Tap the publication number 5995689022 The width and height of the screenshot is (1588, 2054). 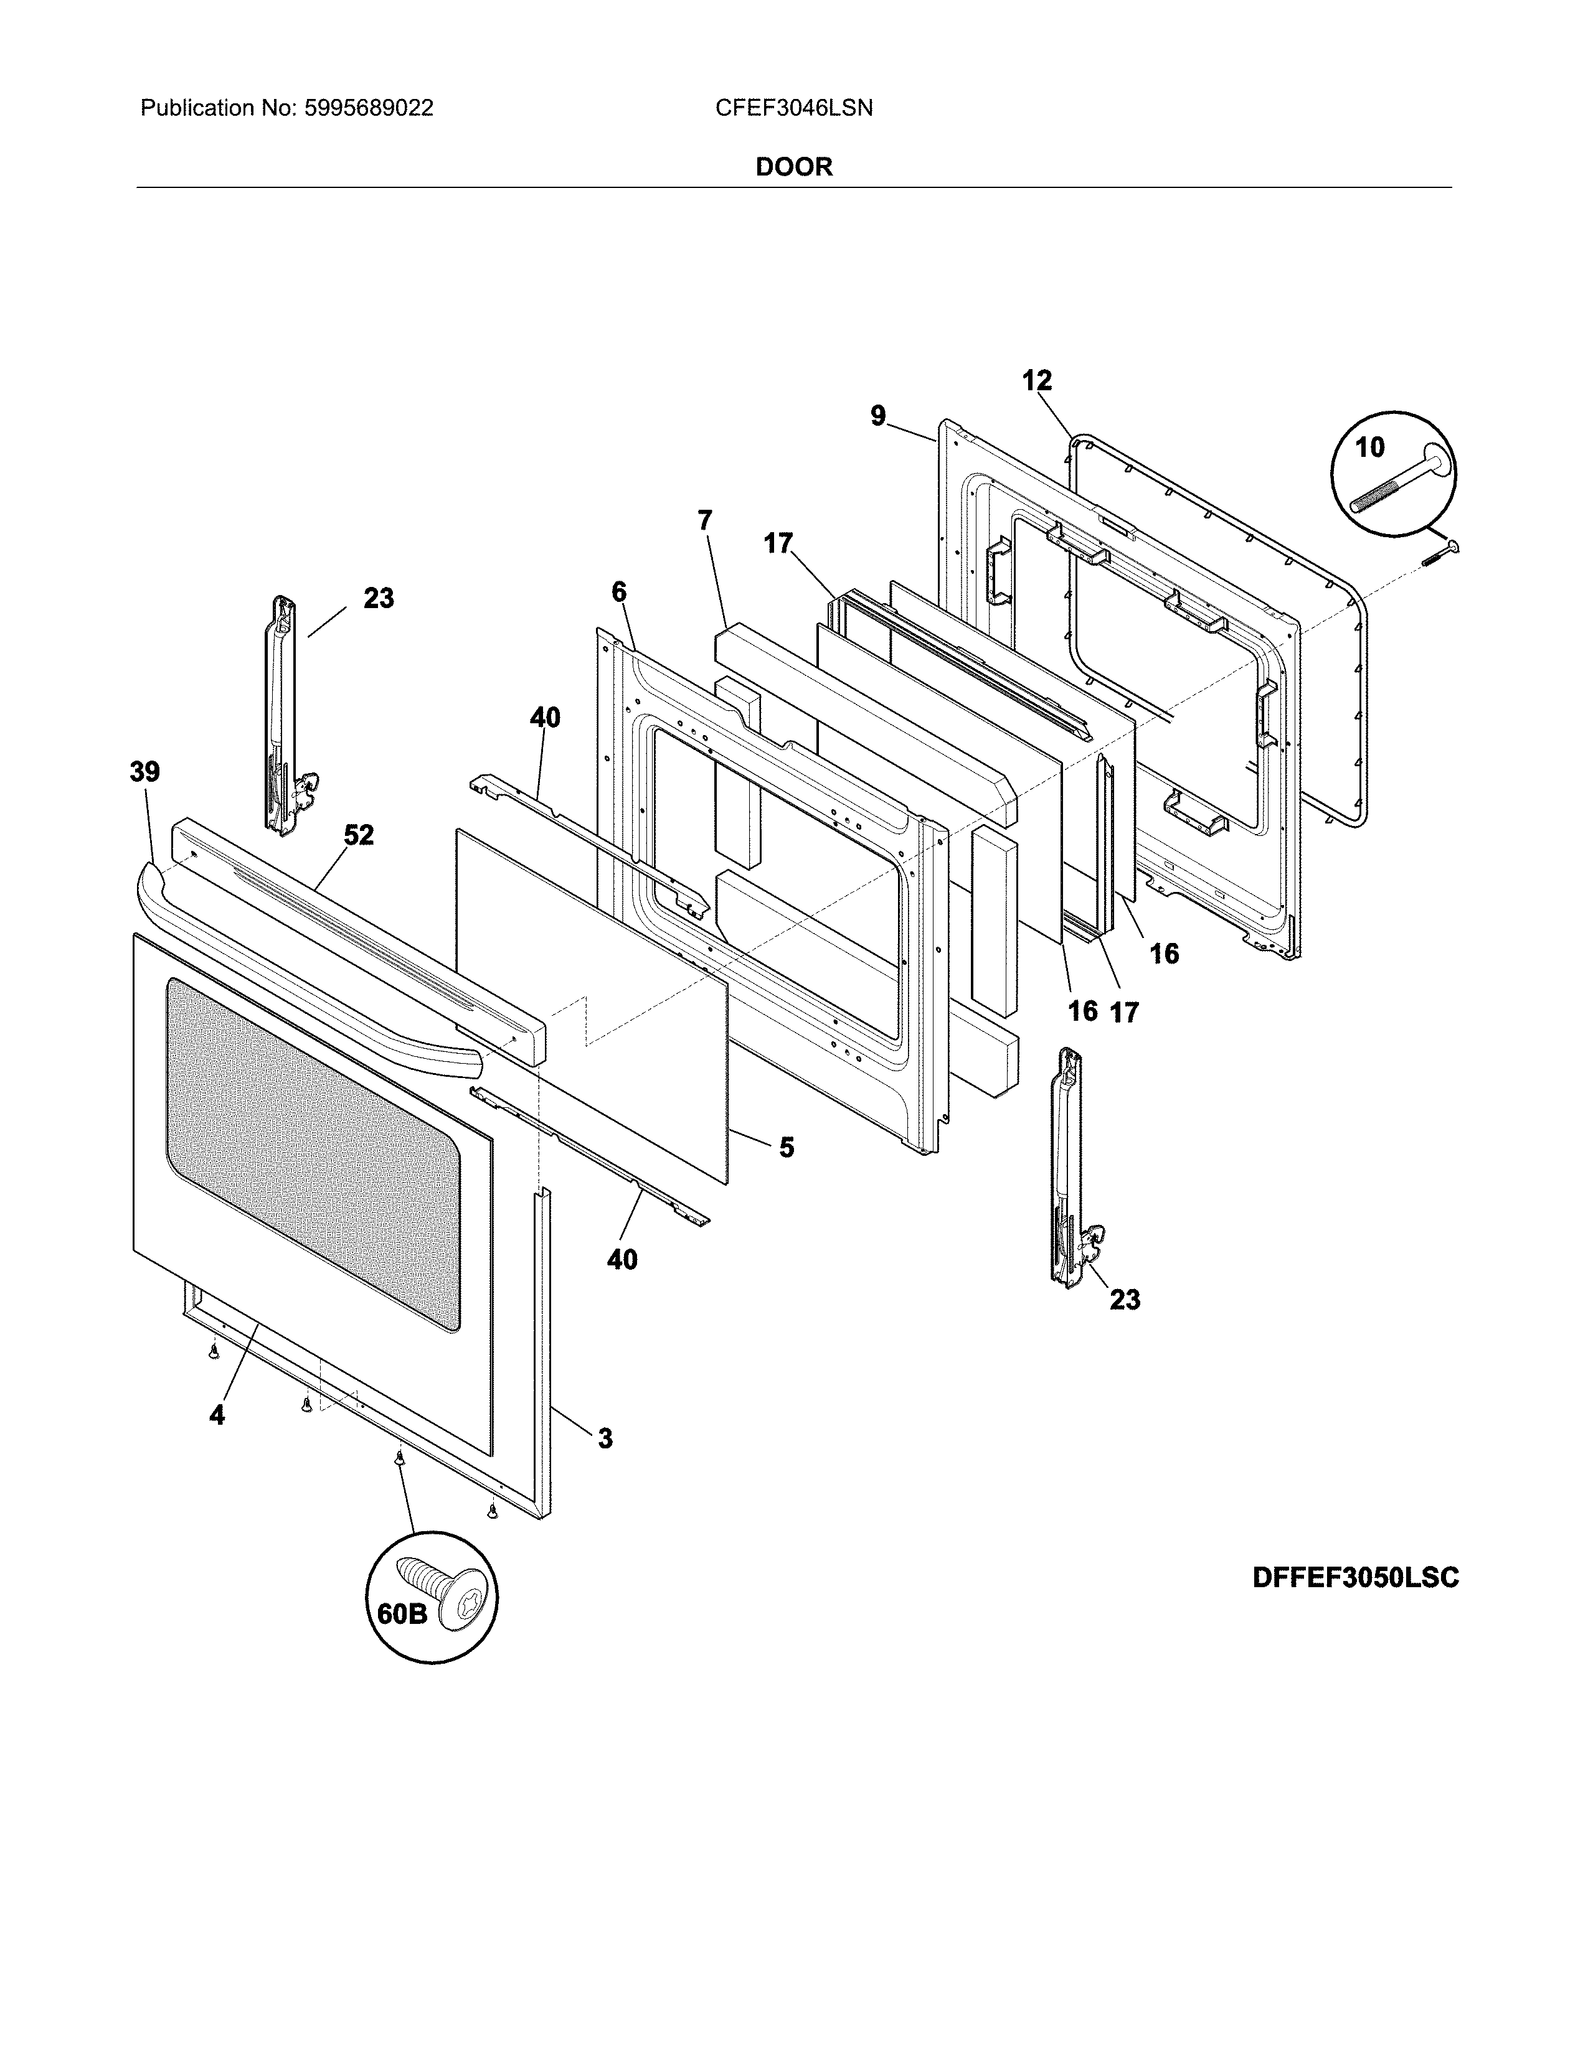point(368,108)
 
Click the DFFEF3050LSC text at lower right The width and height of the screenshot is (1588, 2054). point(1354,1577)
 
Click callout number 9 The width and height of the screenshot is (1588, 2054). point(877,416)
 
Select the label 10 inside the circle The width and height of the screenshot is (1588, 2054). point(1370,448)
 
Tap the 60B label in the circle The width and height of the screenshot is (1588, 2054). point(402,1614)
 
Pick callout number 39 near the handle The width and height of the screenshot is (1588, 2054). point(145,772)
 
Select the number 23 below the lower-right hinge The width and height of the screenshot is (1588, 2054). point(1124,1300)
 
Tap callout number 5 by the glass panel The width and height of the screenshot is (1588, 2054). point(787,1147)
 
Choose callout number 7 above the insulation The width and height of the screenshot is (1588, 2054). point(704,520)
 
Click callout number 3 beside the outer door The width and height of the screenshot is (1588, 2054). point(605,1438)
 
